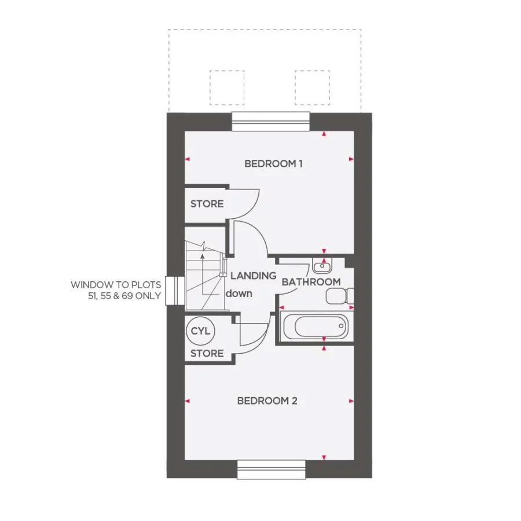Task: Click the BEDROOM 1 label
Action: pos(273,164)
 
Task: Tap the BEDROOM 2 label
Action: pos(267,401)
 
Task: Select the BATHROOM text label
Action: pos(311,282)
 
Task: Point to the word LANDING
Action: pos(253,276)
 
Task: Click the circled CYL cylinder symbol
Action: pos(202,332)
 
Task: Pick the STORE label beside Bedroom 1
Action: pos(207,204)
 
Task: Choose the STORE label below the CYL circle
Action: pos(207,353)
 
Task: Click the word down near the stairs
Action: pos(239,293)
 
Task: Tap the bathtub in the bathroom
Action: pos(315,328)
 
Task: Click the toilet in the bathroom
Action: pos(339,297)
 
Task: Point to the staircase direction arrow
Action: pos(202,255)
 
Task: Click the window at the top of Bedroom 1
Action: pos(271,122)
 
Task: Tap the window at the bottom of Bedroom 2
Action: pos(271,469)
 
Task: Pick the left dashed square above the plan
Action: pos(226,87)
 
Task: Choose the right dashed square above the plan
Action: pos(312,87)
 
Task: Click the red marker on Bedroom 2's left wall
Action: pos(188,401)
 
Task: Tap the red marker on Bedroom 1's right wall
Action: pos(351,159)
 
